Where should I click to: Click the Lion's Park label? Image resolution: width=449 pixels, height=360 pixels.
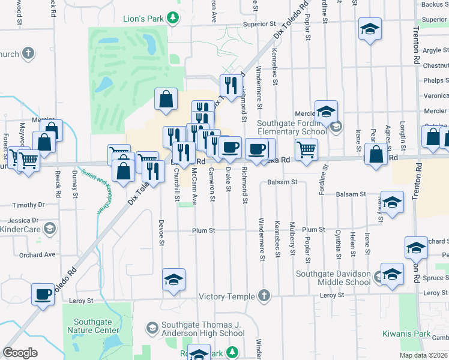[x=143, y=19]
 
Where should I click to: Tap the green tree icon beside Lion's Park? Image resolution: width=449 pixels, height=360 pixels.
[x=173, y=18]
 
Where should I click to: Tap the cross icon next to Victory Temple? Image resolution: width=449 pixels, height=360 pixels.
[x=264, y=296]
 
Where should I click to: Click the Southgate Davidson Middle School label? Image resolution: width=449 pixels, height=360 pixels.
[x=333, y=278]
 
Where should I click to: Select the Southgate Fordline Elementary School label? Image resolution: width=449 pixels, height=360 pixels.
[x=292, y=128]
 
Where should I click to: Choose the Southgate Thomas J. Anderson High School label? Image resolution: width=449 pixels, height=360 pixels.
[x=203, y=329]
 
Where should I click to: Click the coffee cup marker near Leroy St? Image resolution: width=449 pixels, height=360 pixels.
[x=43, y=295]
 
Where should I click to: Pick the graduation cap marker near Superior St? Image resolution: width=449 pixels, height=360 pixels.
[x=370, y=28]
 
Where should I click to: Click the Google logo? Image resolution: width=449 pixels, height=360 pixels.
[x=20, y=353]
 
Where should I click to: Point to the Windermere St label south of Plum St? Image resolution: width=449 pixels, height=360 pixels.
[x=263, y=248]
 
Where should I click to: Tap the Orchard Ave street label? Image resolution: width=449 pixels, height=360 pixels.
[x=37, y=254]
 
